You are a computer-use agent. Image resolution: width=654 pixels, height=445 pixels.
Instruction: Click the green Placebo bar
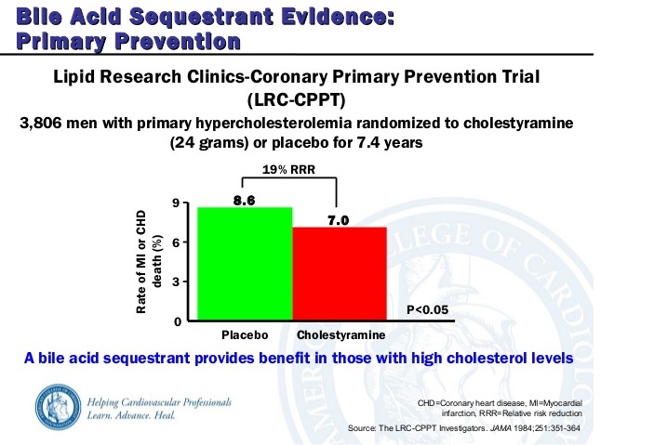[245, 264]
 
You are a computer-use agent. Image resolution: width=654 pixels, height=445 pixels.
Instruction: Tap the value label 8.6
[245, 200]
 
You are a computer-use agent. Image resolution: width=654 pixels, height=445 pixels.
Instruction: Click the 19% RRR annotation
[288, 170]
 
